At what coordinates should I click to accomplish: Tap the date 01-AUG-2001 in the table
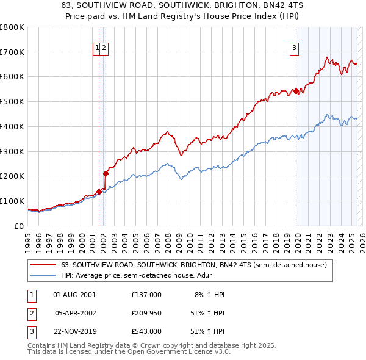74,295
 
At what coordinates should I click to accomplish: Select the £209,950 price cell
146,313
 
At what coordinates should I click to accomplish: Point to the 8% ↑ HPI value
209,295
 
